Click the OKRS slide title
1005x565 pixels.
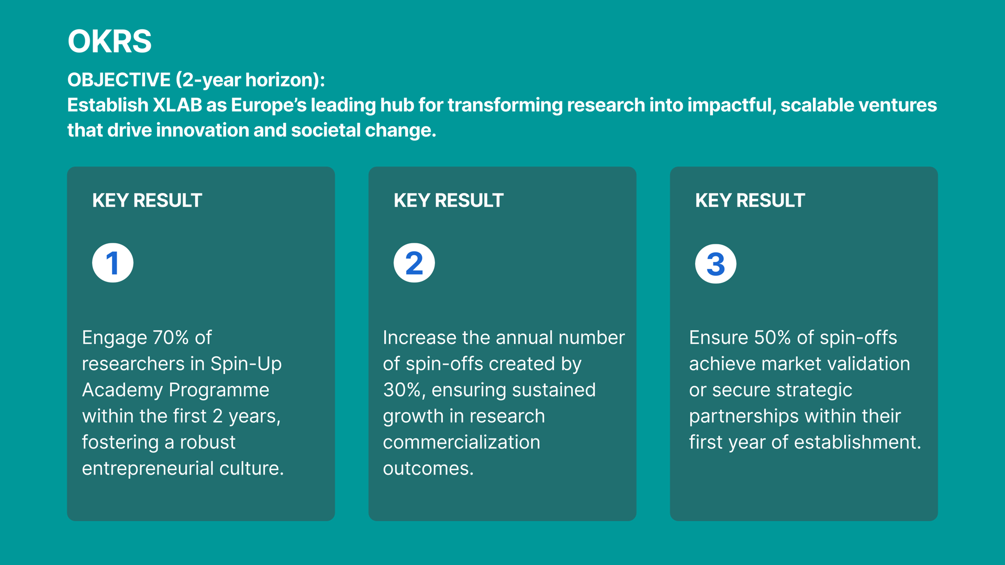[x=109, y=41]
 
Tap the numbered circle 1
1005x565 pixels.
[x=113, y=263]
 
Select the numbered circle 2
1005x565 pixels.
[x=414, y=263]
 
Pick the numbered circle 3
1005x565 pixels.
[x=716, y=264]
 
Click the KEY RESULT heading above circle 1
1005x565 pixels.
[x=147, y=200]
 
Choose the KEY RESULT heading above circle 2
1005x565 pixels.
[x=449, y=200]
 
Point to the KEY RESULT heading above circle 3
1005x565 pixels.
[x=750, y=200]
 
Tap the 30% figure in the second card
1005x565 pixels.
[x=404, y=390]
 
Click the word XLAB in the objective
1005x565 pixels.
[x=177, y=105]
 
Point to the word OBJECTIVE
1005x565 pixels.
[x=119, y=80]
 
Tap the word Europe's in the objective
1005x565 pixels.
[x=269, y=105]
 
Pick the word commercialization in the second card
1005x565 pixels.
[x=462, y=443]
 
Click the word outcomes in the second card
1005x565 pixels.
[x=428, y=469]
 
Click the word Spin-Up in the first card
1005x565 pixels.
[x=246, y=364]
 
